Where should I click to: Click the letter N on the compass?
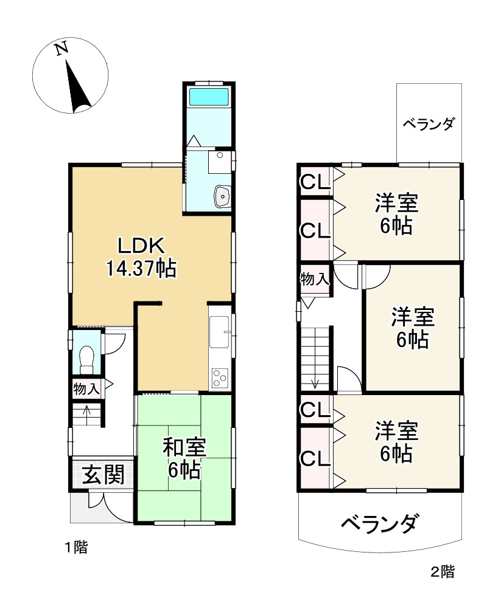[61, 49]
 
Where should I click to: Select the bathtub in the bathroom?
[209, 97]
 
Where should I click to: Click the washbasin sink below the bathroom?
[222, 196]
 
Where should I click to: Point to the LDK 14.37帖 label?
[141, 257]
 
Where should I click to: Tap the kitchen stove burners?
[220, 378]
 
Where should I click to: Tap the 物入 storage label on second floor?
[314, 280]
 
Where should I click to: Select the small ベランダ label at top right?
[429, 124]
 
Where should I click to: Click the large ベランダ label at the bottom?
[379, 522]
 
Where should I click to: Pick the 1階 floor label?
[77, 547]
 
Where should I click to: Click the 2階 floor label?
[442, 571]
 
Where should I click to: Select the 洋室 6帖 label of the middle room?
[412, 328]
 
